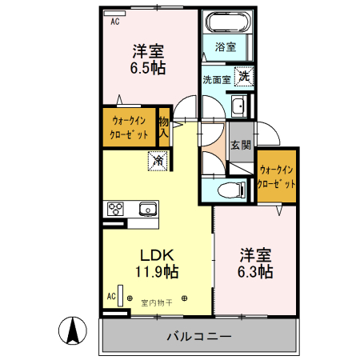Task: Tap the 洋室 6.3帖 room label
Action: (x=256, y=263)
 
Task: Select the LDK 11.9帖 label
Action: (x=155, y=263)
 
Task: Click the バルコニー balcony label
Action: (x=199, y=336)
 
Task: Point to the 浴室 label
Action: (x=225, y=48)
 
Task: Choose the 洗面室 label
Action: (x=216, y=79)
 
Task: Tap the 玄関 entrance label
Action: (x=241, y=145)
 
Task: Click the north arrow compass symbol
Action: (x=73, y=330)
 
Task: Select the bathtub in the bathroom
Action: (x=226, y=22)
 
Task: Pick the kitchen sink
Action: (x=147, y=210)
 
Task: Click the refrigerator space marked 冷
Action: (x=158, y=162)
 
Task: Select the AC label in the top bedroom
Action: (x=115, y=22)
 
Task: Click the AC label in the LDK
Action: (x=111, y=297)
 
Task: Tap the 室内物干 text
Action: (x=156, y=302)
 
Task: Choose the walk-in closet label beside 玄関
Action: (x=277, y=176)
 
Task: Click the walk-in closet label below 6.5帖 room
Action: (x=129, y=128)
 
